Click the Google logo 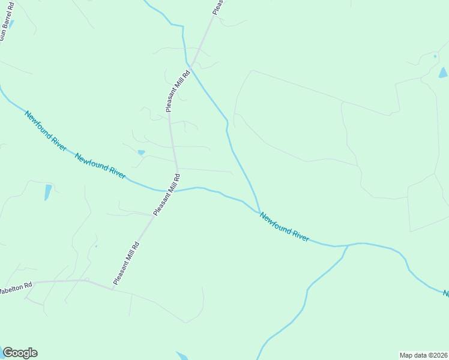point(20,353)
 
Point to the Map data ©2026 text point(424,355)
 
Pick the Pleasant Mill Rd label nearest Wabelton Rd point(126,262)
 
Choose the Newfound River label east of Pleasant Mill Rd point(284,227)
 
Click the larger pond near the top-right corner point(443,73)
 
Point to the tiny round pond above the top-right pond point(435,56)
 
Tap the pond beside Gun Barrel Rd point(11,25)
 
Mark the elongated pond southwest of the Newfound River point(47,192)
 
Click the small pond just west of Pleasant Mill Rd point(141,152)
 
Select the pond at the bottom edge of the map point(182,356)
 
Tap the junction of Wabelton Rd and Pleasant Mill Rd point(112,289)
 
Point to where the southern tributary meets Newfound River point(348,245)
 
